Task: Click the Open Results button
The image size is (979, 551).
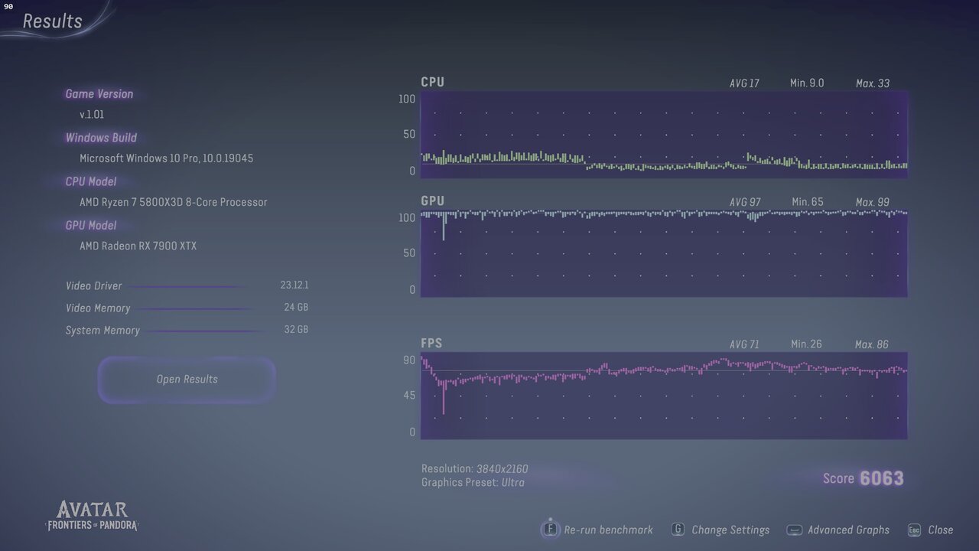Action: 187,380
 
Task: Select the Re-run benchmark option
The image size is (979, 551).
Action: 608,530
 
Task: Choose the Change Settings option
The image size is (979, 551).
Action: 730,530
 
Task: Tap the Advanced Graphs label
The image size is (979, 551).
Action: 848,530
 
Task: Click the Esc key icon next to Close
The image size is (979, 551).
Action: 914,530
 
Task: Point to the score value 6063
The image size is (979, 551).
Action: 881,478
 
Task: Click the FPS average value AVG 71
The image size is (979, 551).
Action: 744,344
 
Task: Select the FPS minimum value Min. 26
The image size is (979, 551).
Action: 806,344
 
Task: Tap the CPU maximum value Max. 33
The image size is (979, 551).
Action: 872,83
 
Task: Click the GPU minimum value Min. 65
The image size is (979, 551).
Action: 807,202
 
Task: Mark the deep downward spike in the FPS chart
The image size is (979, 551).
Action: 444,402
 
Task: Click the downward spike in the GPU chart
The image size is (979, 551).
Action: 444,230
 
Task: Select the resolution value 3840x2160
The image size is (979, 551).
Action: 502,468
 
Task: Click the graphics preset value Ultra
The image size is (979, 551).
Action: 512,482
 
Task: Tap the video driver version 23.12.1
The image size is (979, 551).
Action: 294,285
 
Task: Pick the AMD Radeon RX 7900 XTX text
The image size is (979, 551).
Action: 138,246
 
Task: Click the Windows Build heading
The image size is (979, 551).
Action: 101,138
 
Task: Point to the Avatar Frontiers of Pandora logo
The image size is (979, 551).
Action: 93,516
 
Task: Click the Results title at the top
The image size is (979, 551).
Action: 52,21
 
